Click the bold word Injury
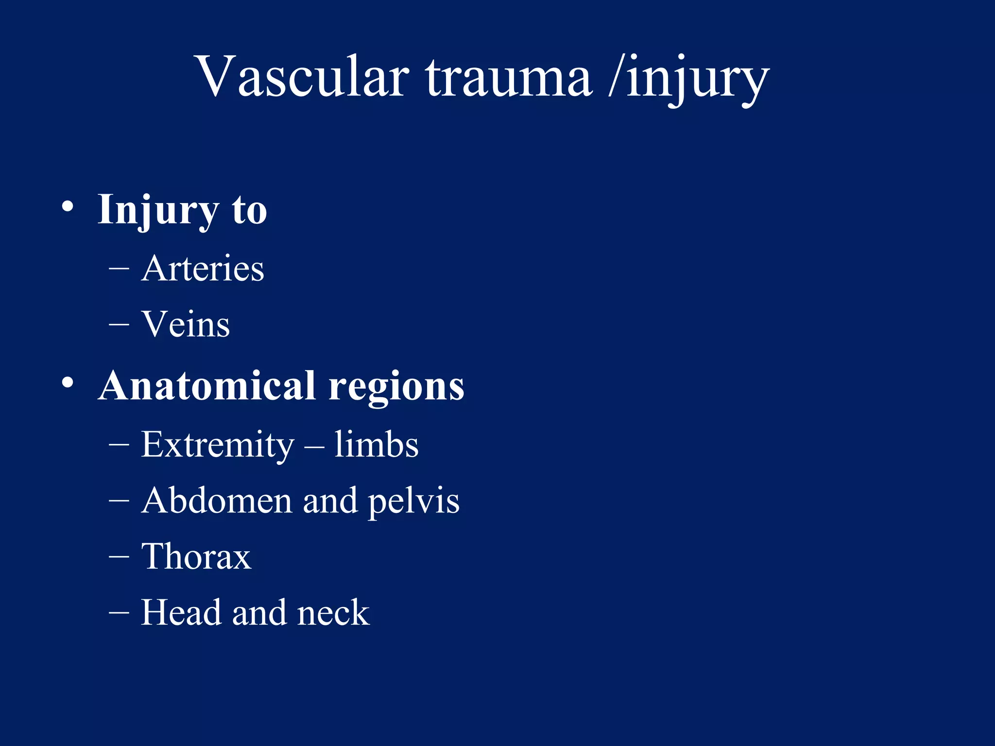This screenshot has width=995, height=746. pos(158,210)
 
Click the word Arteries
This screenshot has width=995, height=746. pos(203,268)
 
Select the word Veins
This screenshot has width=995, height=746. pos(186,324)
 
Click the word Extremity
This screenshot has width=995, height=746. pos(217,444)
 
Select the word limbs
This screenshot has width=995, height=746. pos(376,444)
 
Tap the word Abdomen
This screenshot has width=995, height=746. pos(217,500)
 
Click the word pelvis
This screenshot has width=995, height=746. pos(413,501)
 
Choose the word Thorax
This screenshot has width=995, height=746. pos(196,556)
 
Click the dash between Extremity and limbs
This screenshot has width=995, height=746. pos(314,444)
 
